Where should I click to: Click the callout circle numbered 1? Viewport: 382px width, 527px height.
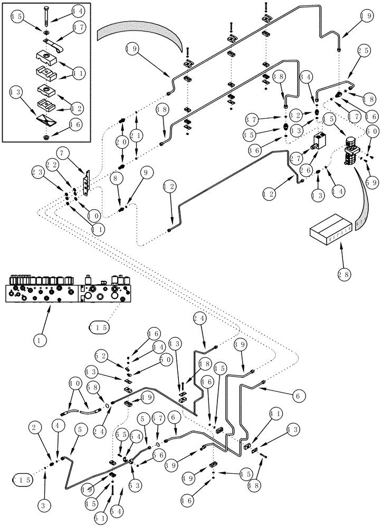(38, 340)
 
